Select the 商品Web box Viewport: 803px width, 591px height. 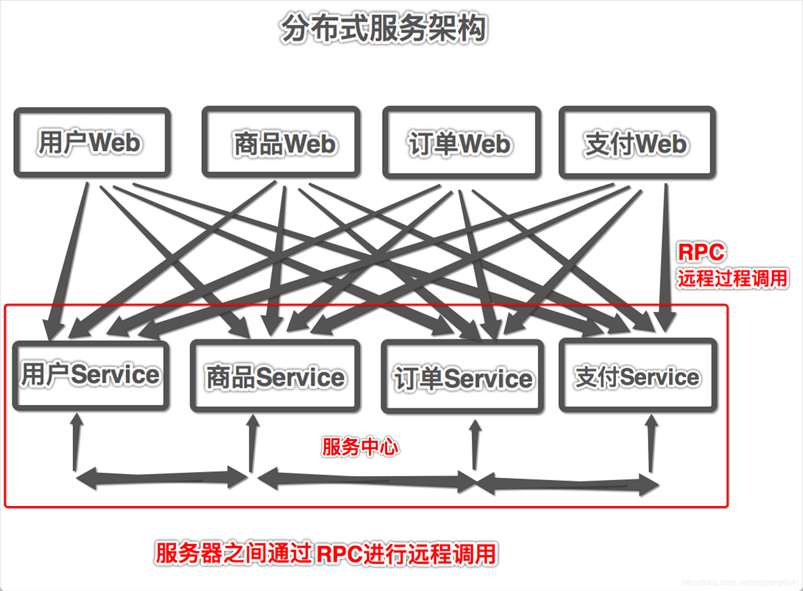pyautogui.click(x=281, y=143)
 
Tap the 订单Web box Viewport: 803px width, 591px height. pyautogui.click(x=461, y=143)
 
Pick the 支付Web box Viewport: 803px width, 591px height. pyautogui.click(x=637, y=143)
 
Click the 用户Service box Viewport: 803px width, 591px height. pyautogui.click(x=91, y=375)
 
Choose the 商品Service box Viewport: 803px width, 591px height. pyautogui.click(x=275, y=377)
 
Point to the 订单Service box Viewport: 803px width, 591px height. pyautogui.click(x=462, y=378)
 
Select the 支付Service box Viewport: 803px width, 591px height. pyautogui.click(x=638, y=377)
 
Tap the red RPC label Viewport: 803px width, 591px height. pyautogui.click(x=701, y=252)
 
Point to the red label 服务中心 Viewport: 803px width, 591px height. pyautogui.click(x=359, y=447)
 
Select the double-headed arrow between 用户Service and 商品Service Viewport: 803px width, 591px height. pyautogui.click(x=162, y=477)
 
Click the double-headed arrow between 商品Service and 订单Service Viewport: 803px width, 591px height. pyautogui.click(x=366, y=480)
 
